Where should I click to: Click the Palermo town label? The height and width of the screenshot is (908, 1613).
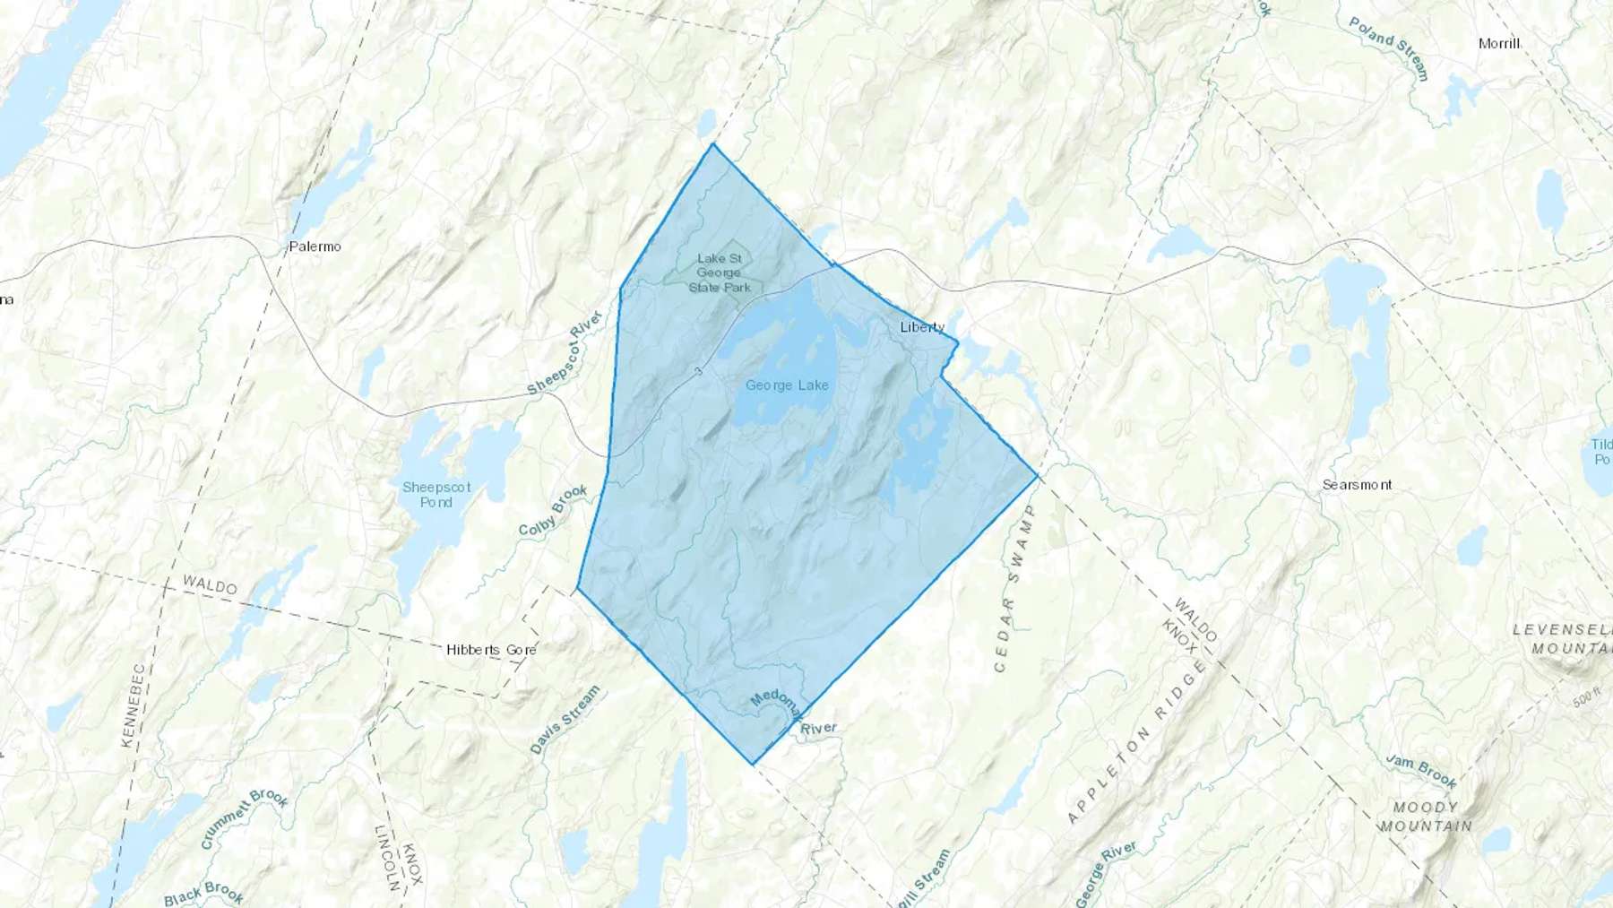pos(315,246)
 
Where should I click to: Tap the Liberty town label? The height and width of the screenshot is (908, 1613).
pos(922,327)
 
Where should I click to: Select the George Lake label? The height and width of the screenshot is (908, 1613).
pos(787,385)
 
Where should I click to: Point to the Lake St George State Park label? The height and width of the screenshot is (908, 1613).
pos(720,272)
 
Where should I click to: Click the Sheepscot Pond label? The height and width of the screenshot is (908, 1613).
pos(436,495)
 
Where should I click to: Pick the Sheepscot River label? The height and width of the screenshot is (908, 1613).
pos(565,353)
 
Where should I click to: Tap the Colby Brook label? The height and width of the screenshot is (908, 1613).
pos(553,511)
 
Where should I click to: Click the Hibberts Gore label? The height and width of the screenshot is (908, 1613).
pos(491,650)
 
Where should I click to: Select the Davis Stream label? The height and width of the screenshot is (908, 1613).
pos(565,720)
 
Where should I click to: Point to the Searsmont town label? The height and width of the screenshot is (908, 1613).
pos(1358,485)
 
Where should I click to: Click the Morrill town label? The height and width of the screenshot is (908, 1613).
pos(1498,44)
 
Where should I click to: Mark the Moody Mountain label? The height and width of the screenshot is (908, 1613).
pos(1426,817)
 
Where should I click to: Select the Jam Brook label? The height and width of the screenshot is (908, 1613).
pos(1421,770)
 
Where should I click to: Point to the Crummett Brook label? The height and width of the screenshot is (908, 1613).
pos(244,818)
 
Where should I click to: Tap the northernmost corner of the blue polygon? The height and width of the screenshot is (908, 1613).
pos(713,143)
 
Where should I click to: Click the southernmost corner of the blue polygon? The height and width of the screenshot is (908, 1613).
pos(753,765)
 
